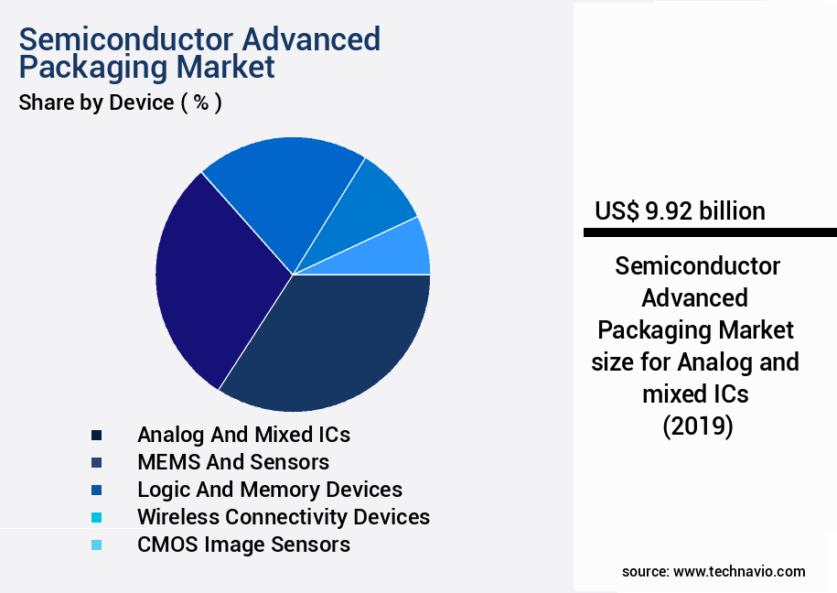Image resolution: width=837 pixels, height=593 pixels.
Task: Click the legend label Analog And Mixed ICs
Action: coord(243,434)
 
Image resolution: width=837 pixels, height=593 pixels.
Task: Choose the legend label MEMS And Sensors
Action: coord(232,462)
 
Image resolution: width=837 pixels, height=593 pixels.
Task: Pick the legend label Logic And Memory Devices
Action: coord(269,490)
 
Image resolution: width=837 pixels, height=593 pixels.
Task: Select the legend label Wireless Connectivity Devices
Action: coord(283,517)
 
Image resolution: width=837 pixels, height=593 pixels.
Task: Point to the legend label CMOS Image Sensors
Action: coord(243,544)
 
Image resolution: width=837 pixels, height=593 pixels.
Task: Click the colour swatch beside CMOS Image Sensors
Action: coord(96,545)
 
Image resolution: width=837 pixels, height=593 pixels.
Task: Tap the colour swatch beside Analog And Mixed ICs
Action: coord(96,435)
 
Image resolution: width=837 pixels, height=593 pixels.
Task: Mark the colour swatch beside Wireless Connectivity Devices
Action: coord(96,518)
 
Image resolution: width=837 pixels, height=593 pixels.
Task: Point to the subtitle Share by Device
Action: coord(96,102)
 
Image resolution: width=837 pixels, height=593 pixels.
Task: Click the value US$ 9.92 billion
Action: coord(680,211)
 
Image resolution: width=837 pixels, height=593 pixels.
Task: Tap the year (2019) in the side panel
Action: coord(697,426)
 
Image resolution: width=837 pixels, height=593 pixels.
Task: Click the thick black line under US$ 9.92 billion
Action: coord(710,233)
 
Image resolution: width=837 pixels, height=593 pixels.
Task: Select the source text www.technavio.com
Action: coord(739,571)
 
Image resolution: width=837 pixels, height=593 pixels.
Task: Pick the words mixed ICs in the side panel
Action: coord(697,394)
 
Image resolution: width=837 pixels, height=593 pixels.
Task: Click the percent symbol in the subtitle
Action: coord(201,102)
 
